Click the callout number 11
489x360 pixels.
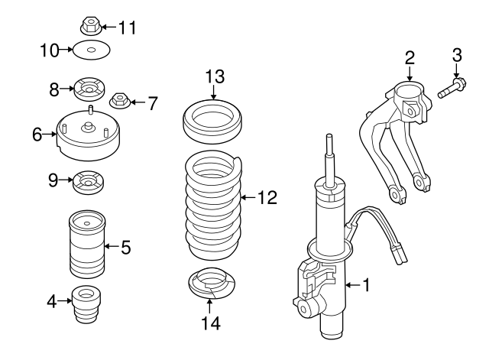coord(126,28)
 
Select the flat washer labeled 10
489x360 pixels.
coord(91,52)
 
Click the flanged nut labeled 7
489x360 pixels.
coord(120,100)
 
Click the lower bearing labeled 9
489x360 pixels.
coord(88,183)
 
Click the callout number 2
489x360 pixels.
coord(410,57)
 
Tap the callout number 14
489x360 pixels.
coord(211,323)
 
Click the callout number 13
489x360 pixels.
coord(213,77)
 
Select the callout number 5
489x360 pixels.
coord(125,247)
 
